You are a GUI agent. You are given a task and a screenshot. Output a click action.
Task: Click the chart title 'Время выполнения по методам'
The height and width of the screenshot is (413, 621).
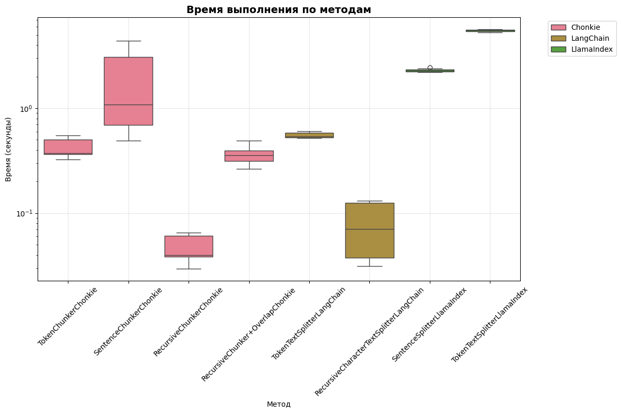tap(278, 9)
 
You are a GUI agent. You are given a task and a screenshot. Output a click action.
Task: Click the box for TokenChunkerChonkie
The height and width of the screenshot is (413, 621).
tap(68, 146)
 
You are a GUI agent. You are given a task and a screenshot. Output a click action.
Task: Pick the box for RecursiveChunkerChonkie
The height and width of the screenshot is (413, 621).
tap(189, 246)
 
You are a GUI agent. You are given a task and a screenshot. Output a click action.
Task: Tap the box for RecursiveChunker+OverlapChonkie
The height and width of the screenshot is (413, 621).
tap(249, 156)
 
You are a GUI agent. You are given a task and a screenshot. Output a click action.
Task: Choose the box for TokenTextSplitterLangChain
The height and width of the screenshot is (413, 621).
tap(309, 135)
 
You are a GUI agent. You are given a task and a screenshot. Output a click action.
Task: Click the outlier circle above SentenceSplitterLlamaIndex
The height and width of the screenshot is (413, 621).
tap(430, 67)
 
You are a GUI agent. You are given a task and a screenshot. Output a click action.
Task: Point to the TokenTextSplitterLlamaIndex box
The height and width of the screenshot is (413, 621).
tap(490, 31)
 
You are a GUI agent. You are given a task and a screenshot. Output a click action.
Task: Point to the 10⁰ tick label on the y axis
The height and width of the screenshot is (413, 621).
tap(26, 109)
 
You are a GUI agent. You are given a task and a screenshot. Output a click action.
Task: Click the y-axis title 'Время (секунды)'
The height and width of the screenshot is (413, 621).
tap(8, 149)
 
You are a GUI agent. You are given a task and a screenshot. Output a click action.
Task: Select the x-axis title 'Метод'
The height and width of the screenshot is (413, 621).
tap(278, 404)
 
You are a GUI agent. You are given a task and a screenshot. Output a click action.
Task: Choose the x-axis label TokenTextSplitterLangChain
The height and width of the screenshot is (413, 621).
tap(309, 323)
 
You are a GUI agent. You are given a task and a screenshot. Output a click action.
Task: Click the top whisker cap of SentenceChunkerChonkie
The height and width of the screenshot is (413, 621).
tap(128, 41)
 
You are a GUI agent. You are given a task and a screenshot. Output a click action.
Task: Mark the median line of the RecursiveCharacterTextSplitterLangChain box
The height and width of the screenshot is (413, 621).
tap(370, 229)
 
